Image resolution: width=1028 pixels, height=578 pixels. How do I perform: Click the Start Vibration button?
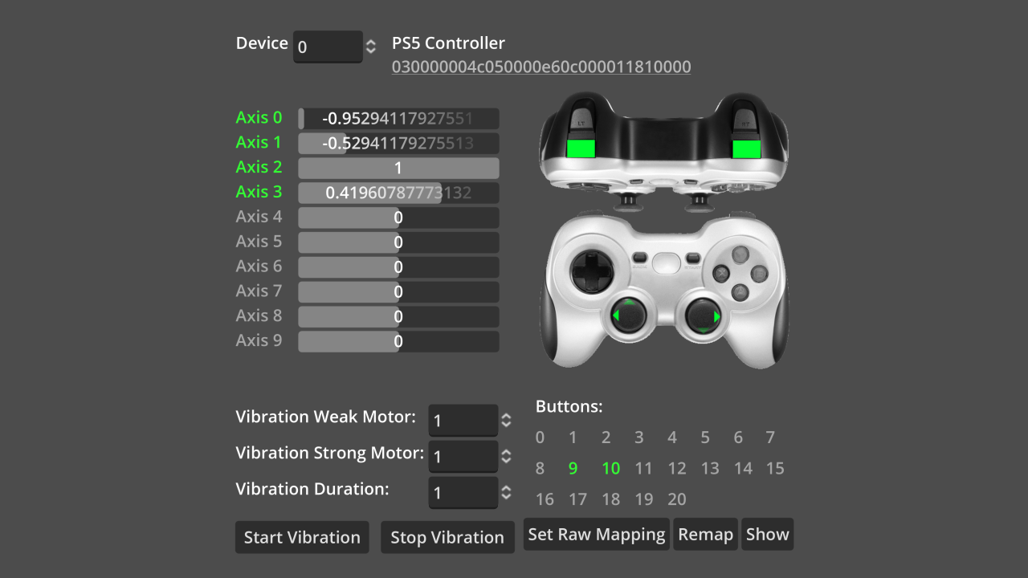[302, 537]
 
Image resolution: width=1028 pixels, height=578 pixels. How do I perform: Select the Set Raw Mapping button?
[597, 535]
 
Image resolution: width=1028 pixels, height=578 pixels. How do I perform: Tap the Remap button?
[706, 535]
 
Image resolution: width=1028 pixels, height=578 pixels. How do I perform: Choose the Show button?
[767, 535]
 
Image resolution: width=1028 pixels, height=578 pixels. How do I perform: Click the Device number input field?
[327, 47]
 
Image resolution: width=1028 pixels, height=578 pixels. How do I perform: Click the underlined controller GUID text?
[541, 67]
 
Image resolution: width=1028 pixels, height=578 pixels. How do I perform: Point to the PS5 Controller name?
[448, 43]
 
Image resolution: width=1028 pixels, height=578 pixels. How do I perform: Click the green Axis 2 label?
[259, 167]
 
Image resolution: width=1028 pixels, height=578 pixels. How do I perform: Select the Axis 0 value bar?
[398, 119]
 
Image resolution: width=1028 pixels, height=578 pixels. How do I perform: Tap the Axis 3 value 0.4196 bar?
[398, 193]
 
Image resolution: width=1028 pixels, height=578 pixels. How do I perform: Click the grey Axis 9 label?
[259, 340]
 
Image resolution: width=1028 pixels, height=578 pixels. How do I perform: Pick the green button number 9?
[573, 468]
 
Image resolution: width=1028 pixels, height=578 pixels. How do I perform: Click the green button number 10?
[610, 468]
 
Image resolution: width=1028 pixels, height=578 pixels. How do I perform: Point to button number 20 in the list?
[677, 499]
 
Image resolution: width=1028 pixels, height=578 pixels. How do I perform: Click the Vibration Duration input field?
[463, 492]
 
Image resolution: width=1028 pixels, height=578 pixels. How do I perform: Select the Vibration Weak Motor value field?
[463, 420]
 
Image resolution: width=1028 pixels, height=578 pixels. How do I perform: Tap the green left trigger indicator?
[580, 148]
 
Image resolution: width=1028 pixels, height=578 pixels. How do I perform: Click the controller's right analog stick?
[703, 316]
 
